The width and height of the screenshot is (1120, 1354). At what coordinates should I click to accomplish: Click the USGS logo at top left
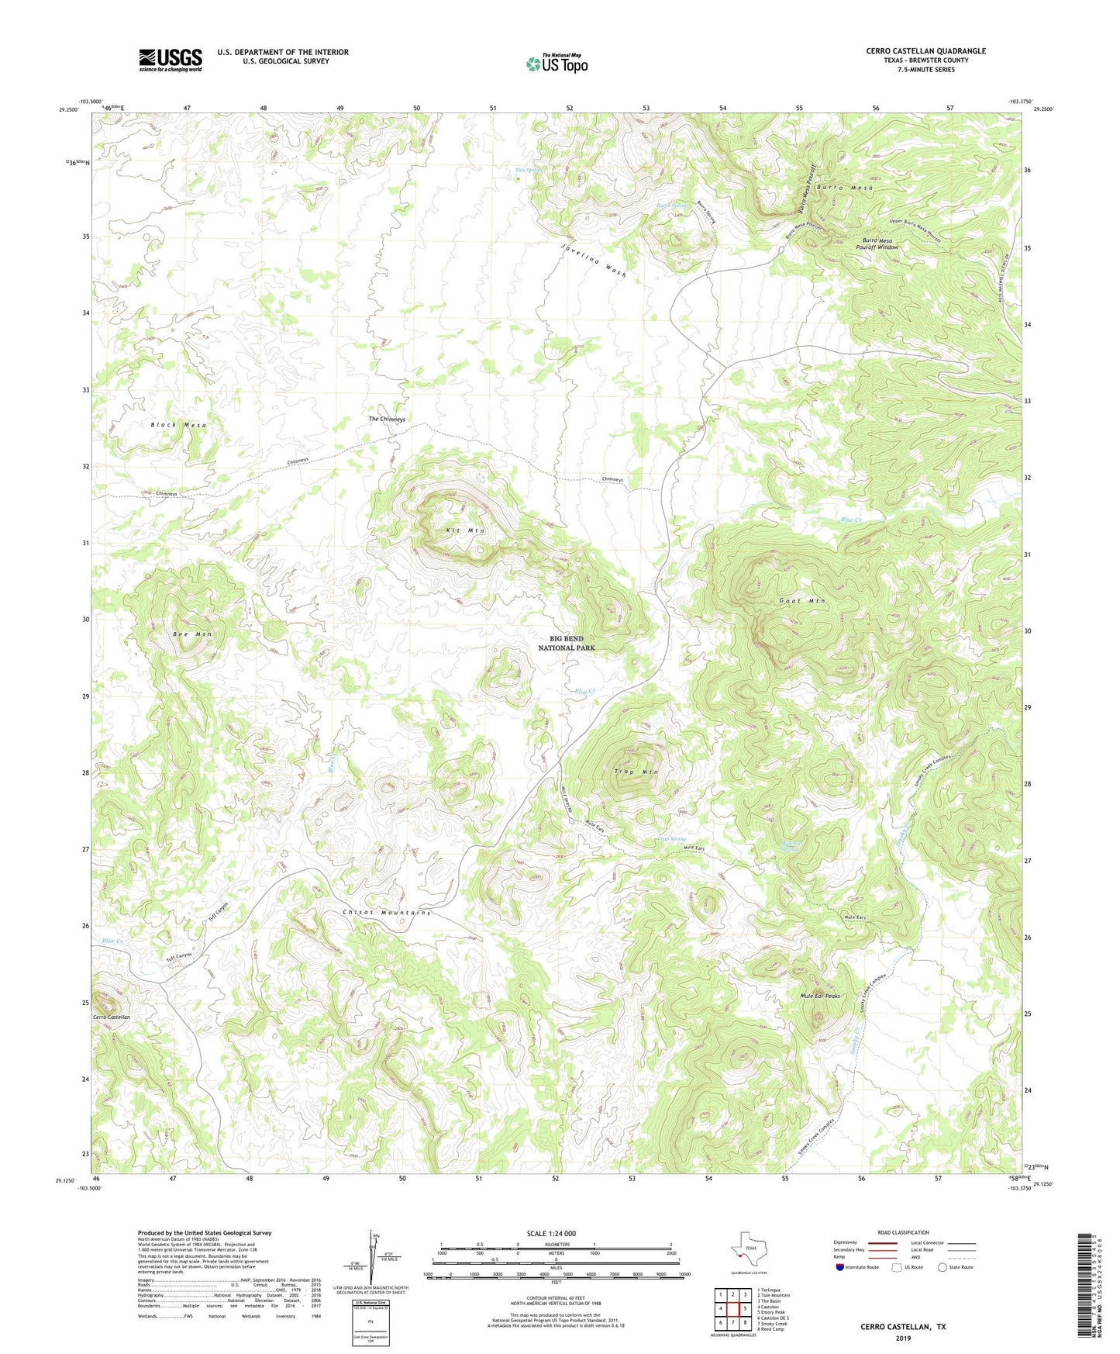[170, 59]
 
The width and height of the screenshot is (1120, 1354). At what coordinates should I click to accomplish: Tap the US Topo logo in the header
[557, 63]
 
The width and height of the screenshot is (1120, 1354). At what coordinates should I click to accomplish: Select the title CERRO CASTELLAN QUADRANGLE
[925, 51]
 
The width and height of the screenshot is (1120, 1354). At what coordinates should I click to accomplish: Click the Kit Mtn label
[465, 530]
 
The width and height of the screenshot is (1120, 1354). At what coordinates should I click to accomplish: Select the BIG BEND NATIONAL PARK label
[567, 643]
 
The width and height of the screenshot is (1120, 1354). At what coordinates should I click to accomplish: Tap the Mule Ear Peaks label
[819, 996]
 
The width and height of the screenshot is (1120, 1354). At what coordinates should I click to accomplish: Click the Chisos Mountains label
[386, 913]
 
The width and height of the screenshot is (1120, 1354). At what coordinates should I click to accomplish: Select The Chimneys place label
[387, 420]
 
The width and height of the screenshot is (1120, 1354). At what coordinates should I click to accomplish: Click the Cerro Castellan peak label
[112, 1017]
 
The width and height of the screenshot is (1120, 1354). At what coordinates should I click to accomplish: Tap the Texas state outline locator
[747, 1251]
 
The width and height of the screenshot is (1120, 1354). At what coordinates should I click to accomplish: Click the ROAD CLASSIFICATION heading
[903, 1232]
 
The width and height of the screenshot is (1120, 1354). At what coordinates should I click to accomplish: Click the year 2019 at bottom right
[902, 1338]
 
